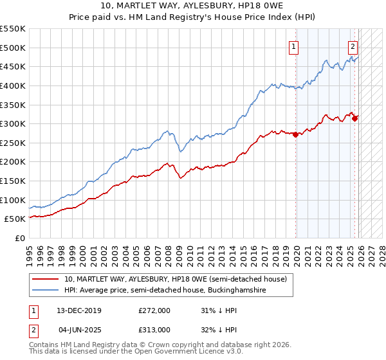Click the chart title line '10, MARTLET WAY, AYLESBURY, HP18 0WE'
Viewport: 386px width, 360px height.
(193, 6)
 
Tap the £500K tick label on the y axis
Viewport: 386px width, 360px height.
(13, 48)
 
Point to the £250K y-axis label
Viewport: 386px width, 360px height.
(13, 143)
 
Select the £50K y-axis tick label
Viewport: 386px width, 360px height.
(15, 219)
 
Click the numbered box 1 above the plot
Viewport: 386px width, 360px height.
(293, 46)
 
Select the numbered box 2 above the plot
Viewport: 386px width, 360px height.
(353, 46)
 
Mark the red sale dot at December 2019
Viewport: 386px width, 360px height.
(295, 134)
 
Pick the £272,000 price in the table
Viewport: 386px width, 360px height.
(154, 310)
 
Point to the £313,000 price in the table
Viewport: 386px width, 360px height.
(154, 329)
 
